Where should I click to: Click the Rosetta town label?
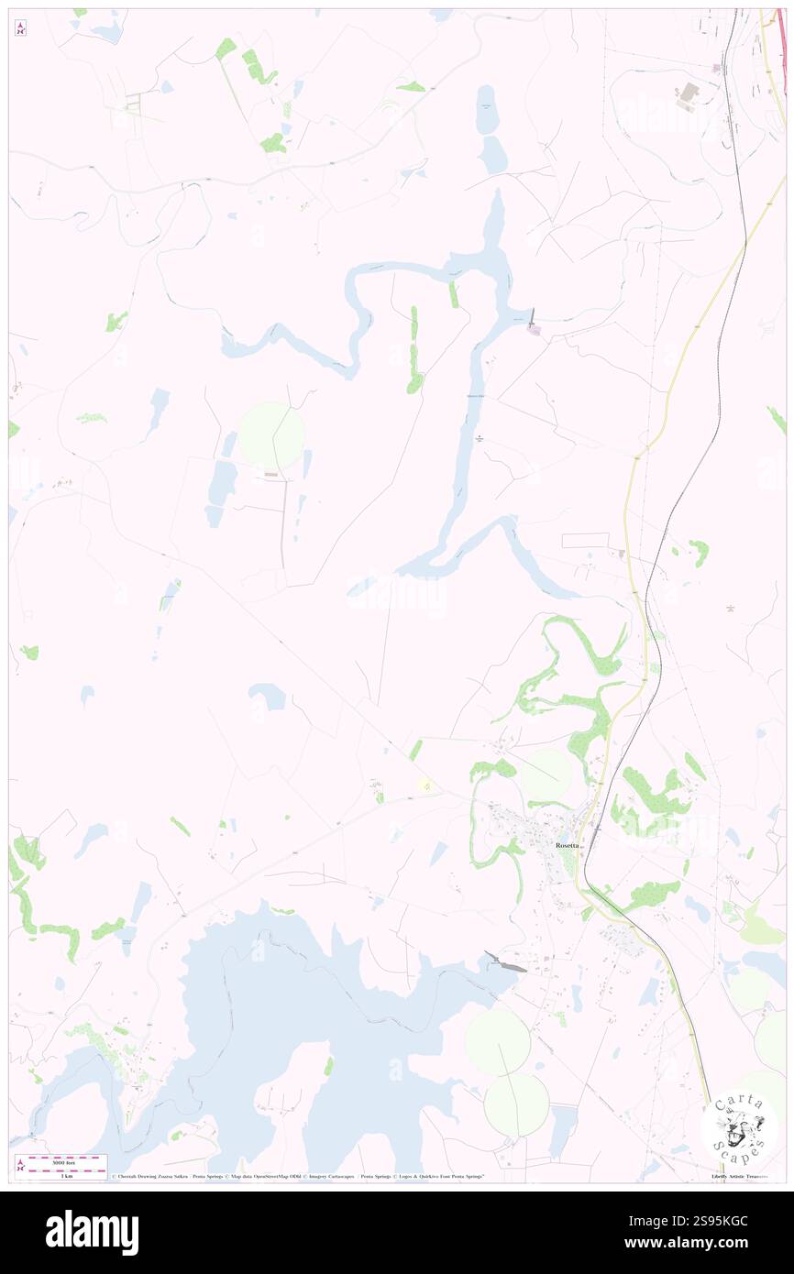click(x=567, y=844)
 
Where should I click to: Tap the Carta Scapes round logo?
click(x=739, y=1126)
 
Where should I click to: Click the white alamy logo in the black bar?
click(x=93, y=1232)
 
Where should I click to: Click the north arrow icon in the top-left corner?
click(x=20, y=29)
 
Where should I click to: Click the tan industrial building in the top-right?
click(x=688, y=93)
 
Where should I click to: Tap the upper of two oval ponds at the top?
click(x=487, y=109)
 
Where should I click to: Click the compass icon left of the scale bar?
click(x=21, y=1164)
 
